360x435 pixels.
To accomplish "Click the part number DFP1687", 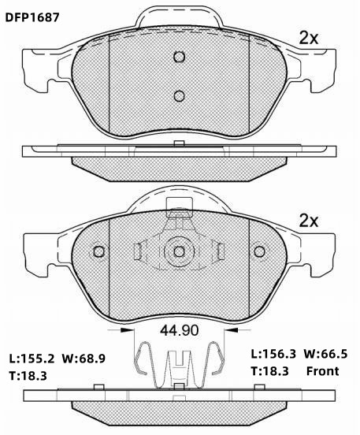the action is (x=32, y=18).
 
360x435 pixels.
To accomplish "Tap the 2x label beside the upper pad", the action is (x=309, y=39).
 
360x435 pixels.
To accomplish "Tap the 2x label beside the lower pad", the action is (x=309, y=221).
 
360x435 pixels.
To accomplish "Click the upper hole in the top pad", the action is (x=180, y=57).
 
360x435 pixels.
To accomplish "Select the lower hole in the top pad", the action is (x=180, y=96).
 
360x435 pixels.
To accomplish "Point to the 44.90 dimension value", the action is (x=180, y=330).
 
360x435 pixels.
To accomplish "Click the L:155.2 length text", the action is (x=32, y=359).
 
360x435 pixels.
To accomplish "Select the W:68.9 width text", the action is (x=84, y=359).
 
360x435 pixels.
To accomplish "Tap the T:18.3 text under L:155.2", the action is (x=28, y=376).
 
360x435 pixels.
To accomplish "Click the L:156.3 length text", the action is (x=274, y=354).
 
